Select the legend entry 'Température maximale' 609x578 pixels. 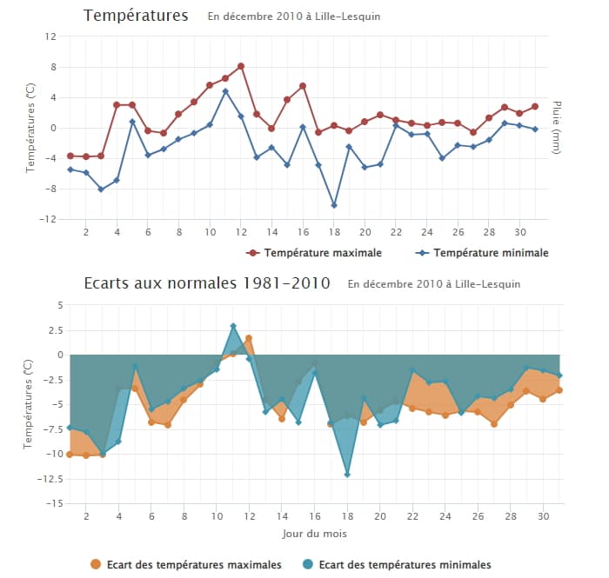tap(314, 253)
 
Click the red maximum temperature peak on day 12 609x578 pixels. tap(240, 66)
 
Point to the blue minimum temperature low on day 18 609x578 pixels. tap(334, 205)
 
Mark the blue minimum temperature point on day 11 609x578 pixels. tap(225, 91)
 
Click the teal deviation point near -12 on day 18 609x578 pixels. tap(347, 474)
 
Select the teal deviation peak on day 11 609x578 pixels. tap(233, 326)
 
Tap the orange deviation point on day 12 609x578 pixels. tap(249, 338)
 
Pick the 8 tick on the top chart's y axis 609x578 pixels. tap(53, 67)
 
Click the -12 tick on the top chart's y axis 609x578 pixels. tap(50, 219)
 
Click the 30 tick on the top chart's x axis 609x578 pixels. tap(521, 232)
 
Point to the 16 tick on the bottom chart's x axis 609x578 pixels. tap(314, 515)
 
